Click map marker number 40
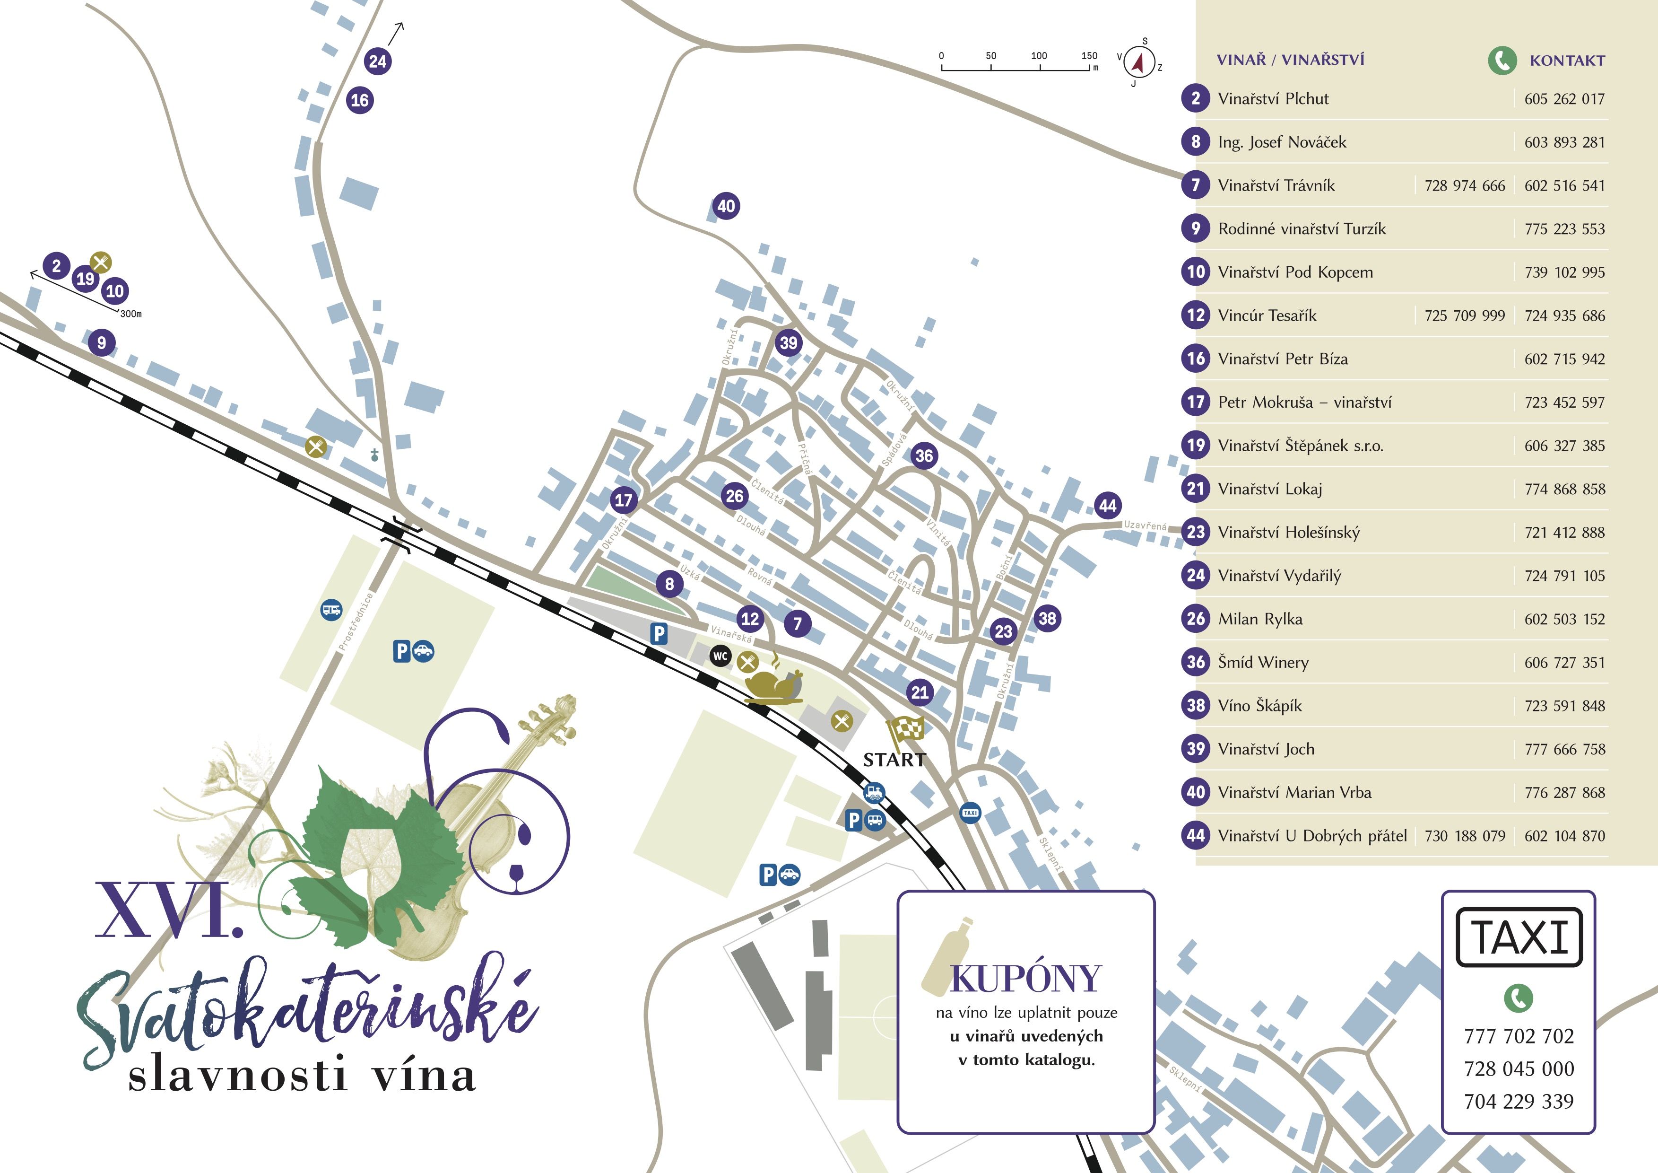726,206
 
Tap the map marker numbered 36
924,456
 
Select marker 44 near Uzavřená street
1107,506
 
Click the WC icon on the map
720,656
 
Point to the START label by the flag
894,760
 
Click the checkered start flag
907,731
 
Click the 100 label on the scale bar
1039,56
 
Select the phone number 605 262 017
1564,99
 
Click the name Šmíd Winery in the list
1263,662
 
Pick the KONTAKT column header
1567,61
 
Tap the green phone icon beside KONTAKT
1502,61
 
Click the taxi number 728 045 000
1519,1069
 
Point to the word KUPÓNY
1025,980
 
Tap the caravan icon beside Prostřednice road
331,610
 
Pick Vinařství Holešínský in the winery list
1288,532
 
